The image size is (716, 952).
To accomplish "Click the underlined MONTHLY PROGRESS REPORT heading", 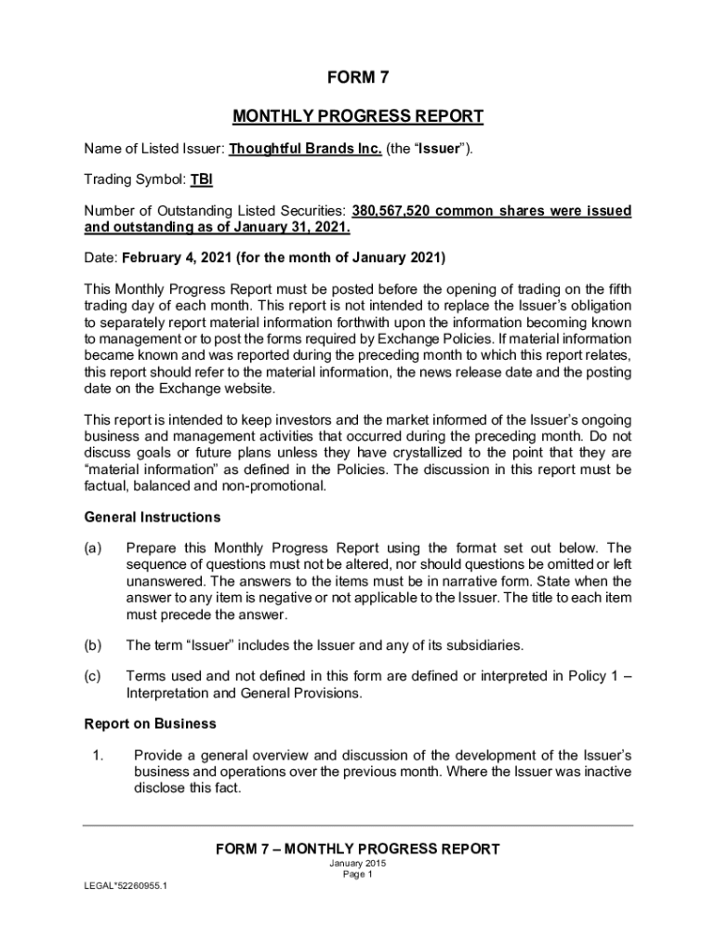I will click(x=357, y=116).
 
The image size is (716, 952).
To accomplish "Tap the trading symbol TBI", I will click(x=202, y=179).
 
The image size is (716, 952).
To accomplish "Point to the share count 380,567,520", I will click(x=391, y=211).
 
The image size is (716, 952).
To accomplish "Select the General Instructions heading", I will click(x=152, y=517).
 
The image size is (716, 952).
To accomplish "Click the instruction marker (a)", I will click(x=92, y=548).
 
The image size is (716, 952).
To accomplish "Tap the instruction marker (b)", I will click(x=92, y=644).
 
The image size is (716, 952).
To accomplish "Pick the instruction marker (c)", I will click(x=92, y=676).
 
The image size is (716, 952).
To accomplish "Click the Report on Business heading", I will click(x=150, y=723).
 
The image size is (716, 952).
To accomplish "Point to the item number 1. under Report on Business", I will click(x=98, y=754).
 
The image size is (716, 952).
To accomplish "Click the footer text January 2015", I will click(x=357, y=864).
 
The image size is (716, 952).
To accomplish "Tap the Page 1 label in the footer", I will click(x=357, y=875).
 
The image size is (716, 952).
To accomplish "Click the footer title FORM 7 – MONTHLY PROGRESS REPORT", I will click(x=357, y=849).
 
